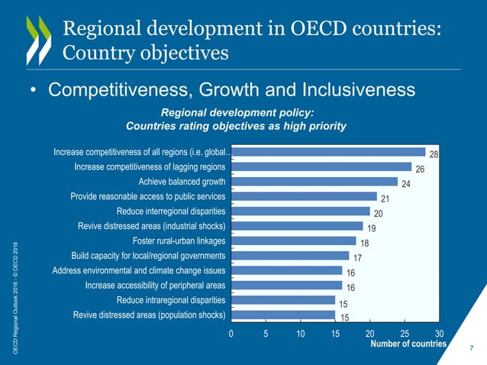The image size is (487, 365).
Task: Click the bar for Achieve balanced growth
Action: coord(314,181)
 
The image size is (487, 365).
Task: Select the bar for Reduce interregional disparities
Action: coord(300,211)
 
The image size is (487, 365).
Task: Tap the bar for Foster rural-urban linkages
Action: coord(293,241)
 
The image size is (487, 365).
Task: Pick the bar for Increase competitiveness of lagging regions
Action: coord(321,166)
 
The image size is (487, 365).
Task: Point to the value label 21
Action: coord(385,199)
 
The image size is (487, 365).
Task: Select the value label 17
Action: coord(357,258)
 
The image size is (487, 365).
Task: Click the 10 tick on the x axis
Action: coord(300,334)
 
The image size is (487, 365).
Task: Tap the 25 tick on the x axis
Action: coord(404,334)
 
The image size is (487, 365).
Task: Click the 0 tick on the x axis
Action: coord(231,334)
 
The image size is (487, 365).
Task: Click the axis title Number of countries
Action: coord(408,344)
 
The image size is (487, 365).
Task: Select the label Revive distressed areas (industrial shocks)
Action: coord(152,226)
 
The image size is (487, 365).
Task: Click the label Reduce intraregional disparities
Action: coord(170,299)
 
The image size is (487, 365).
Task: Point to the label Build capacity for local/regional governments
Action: coord(148,255)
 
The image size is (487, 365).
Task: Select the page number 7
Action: coord(471,349)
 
